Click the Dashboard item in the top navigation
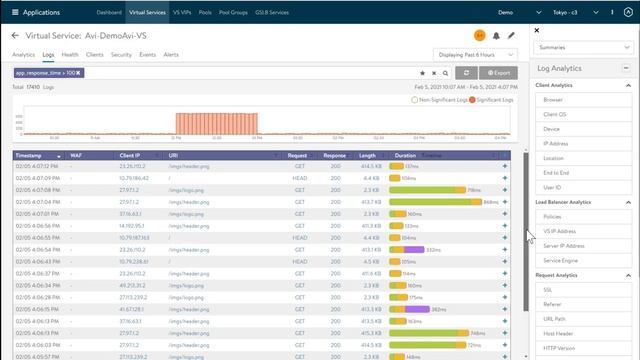(109, 12)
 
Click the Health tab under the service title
(70, 55)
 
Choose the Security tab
(121, 55)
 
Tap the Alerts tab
(171, 55)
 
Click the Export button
(498, 73)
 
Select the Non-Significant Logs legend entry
(436, 100)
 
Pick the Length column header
(367, 156)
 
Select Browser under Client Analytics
(553, 100)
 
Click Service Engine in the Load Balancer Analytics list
(559, 260)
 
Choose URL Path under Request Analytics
(554, 318)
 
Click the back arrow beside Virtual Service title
(15, 35)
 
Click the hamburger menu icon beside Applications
(13, 12)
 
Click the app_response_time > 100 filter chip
(47, 73)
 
